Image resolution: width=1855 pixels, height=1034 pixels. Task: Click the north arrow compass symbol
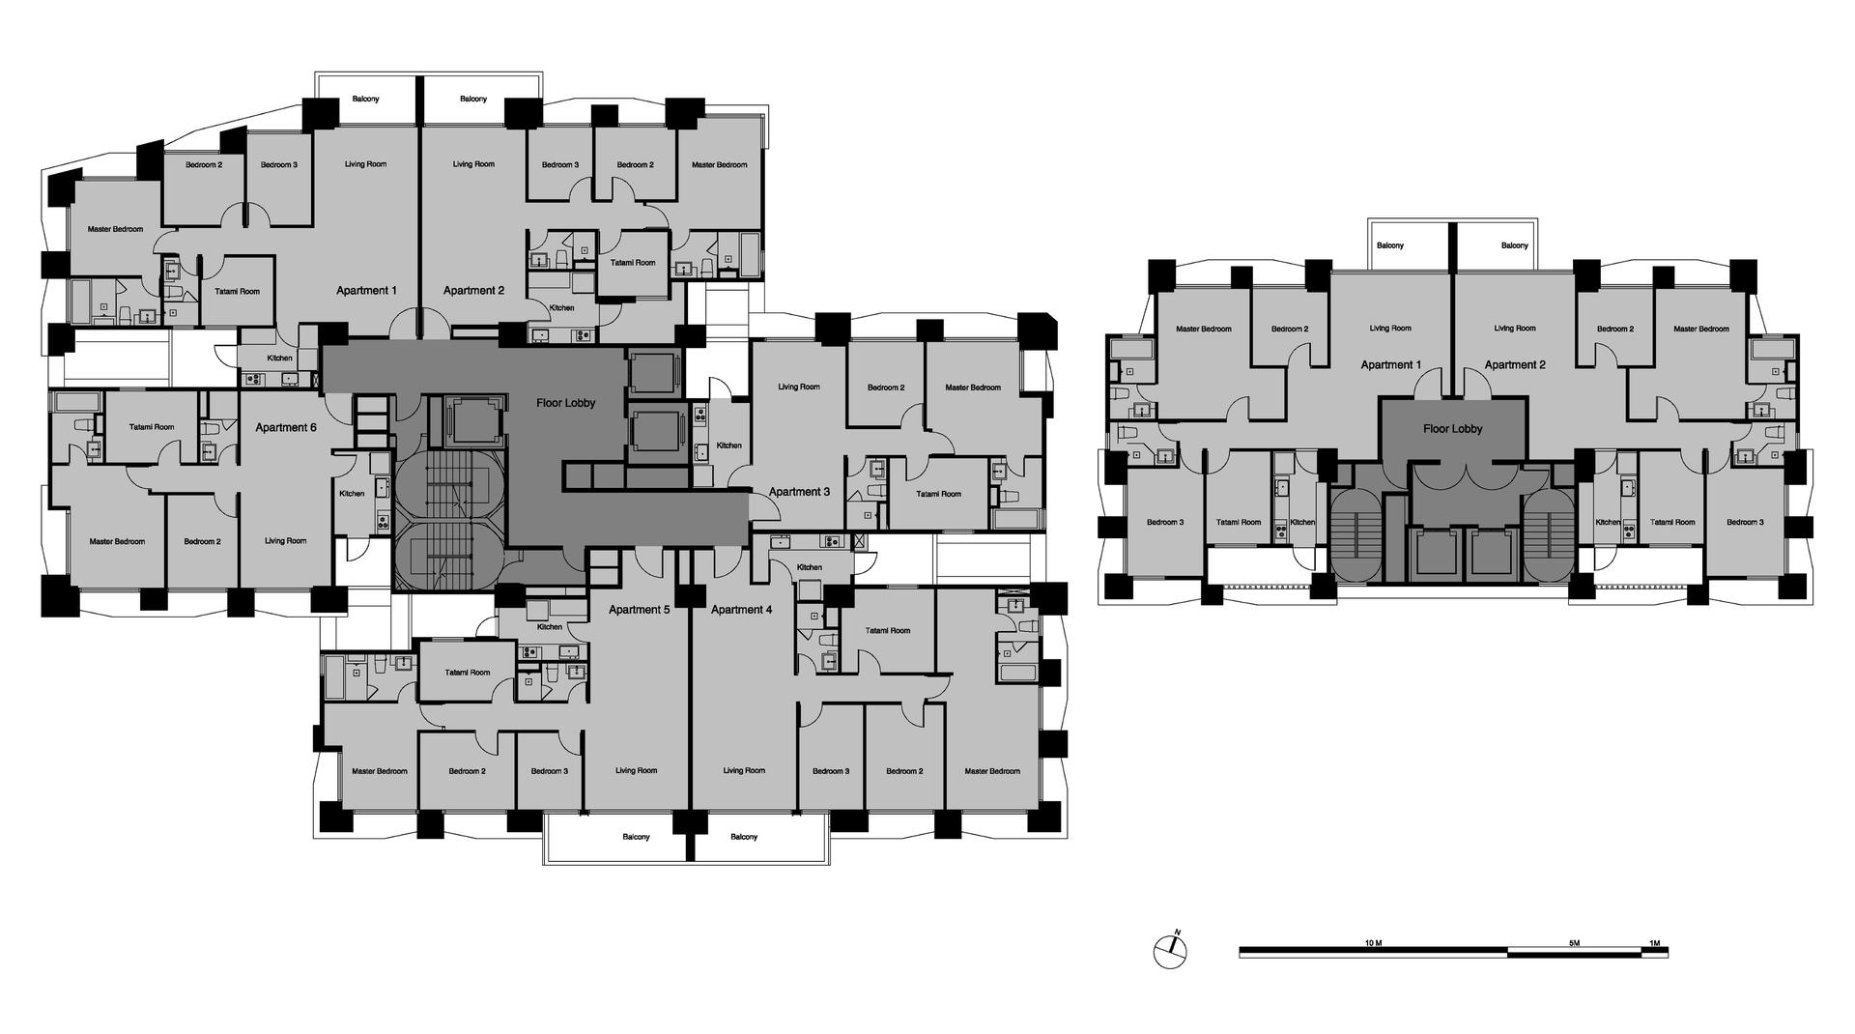point(1170,951)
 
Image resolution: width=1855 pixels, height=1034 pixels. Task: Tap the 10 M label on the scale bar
point(1373,942)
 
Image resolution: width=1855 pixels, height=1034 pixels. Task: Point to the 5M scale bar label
point(1574,942)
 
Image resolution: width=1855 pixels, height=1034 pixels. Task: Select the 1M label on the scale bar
point(1654,942)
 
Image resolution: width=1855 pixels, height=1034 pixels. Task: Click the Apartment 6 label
point(286,427)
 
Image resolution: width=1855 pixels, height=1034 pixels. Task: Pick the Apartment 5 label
point(640,610)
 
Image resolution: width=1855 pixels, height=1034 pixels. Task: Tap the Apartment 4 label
point(742,610)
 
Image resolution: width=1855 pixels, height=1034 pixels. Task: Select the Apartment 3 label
point(799,492)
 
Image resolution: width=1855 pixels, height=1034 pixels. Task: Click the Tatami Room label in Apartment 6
point(152,427)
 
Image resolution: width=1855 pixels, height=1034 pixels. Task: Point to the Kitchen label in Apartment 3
point(729,445)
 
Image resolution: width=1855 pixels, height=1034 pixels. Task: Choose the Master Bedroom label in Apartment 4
point(992,771)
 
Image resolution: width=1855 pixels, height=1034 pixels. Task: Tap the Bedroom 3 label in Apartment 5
point(548,771)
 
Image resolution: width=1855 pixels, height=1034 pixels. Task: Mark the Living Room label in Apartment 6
point(286,541)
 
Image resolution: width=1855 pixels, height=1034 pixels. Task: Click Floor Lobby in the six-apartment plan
point(566,403)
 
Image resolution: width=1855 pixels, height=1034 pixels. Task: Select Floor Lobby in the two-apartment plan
point(1453,429)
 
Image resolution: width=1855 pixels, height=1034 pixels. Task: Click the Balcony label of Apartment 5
point(636,837)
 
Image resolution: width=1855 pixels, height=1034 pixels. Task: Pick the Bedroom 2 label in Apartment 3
point(886,388)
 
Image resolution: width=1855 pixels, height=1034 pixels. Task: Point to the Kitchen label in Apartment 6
point(352,494)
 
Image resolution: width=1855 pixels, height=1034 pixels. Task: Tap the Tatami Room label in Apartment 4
point(888,631)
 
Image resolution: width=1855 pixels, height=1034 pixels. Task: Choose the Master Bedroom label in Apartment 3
point(973,388)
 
